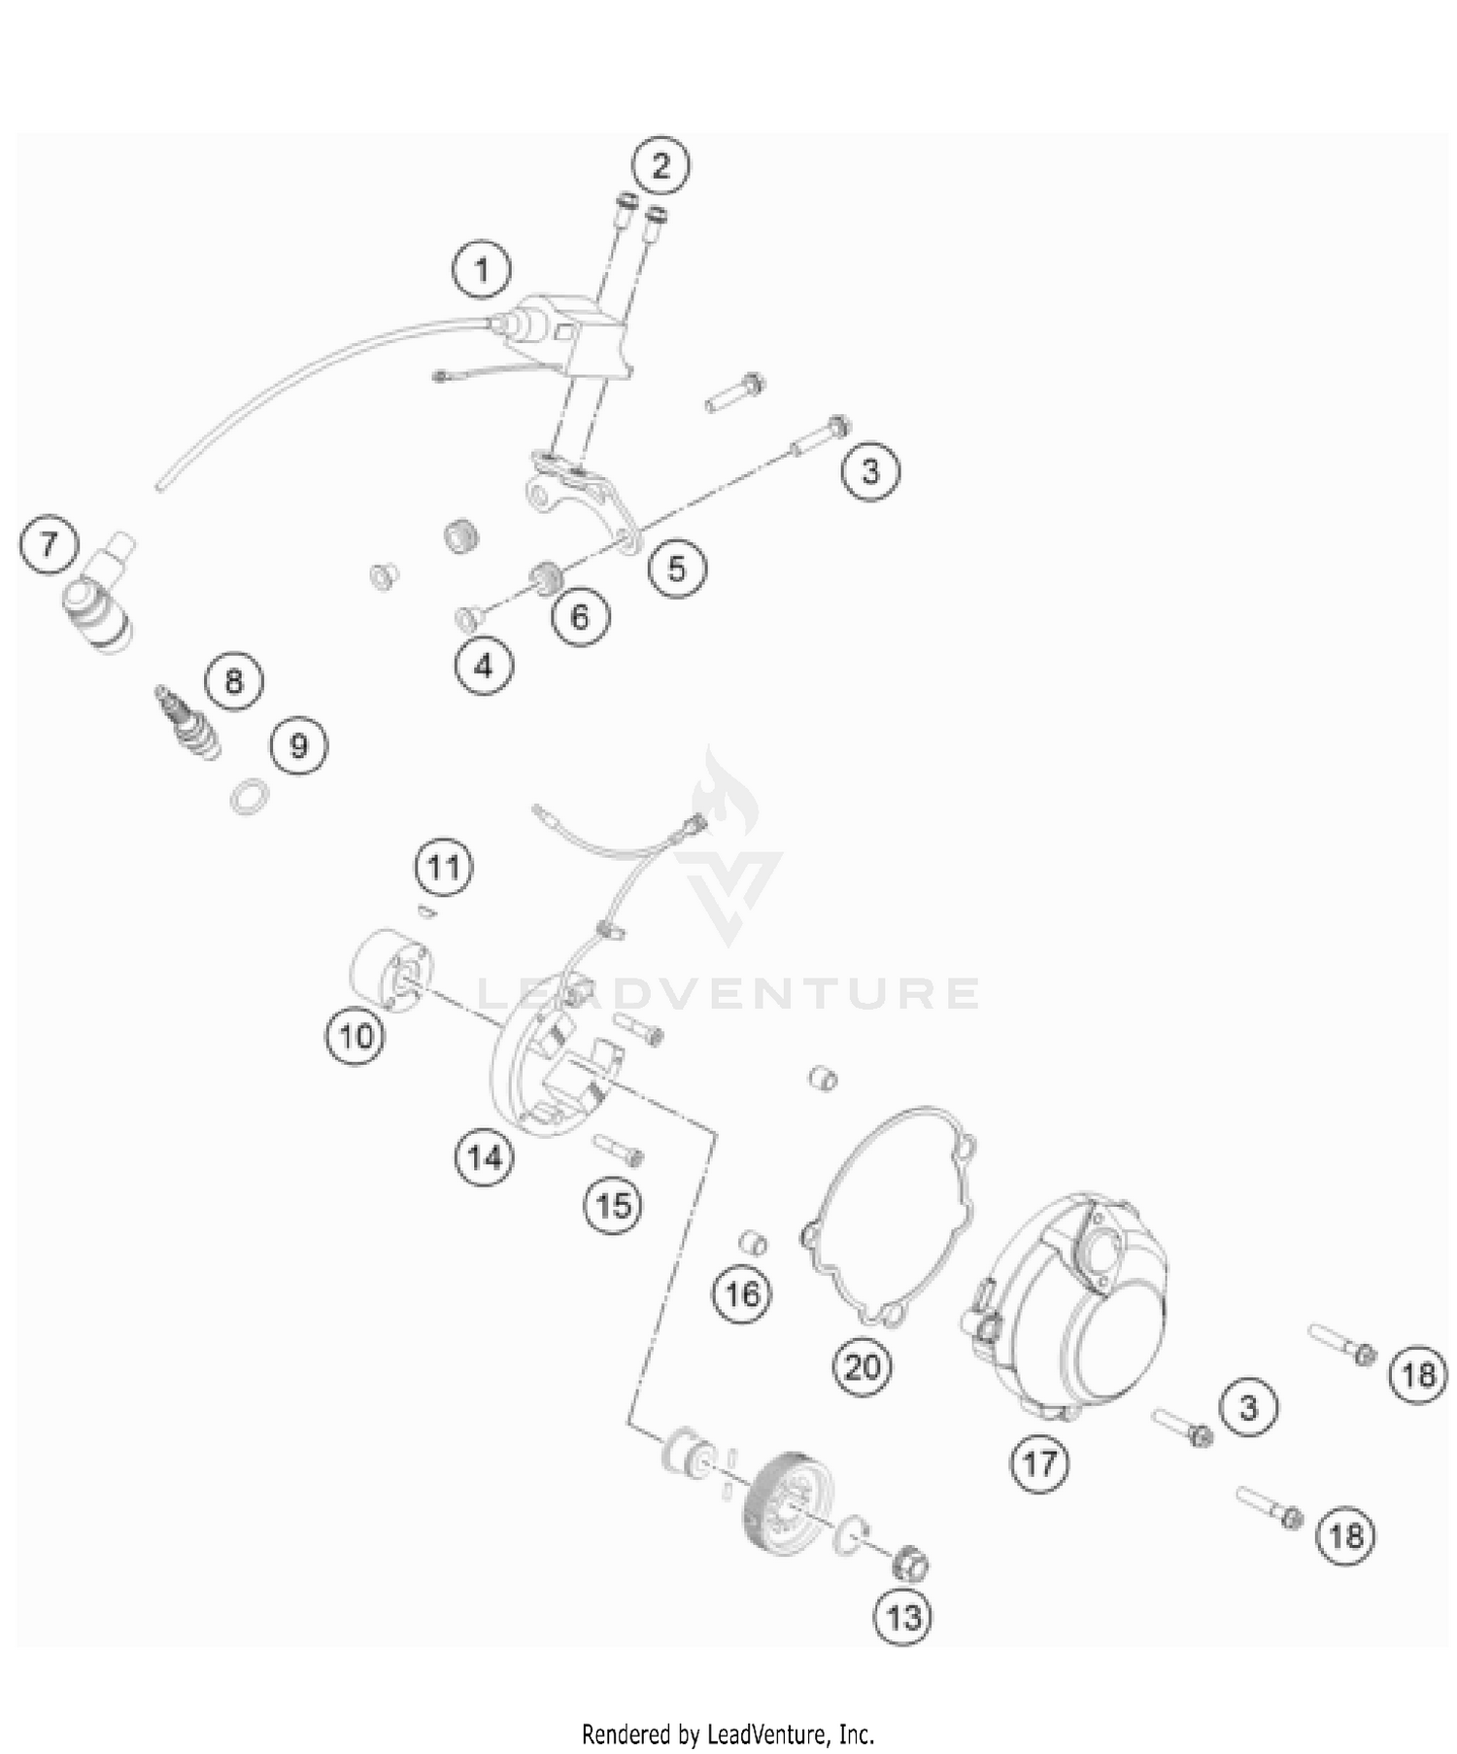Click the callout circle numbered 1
coord(482,269)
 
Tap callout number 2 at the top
coord(661,165)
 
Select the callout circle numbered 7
coord(48,544)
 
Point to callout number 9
coord(299,745)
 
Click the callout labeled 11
coord(444,866)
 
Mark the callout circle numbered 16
coord(743,1293)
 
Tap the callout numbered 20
coord(863,1367)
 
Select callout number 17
coord(1039,1462)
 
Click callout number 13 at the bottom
coord(903,1617)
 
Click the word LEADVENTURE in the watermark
coord(728,992)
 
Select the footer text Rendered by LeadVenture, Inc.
coord(728,1734)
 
